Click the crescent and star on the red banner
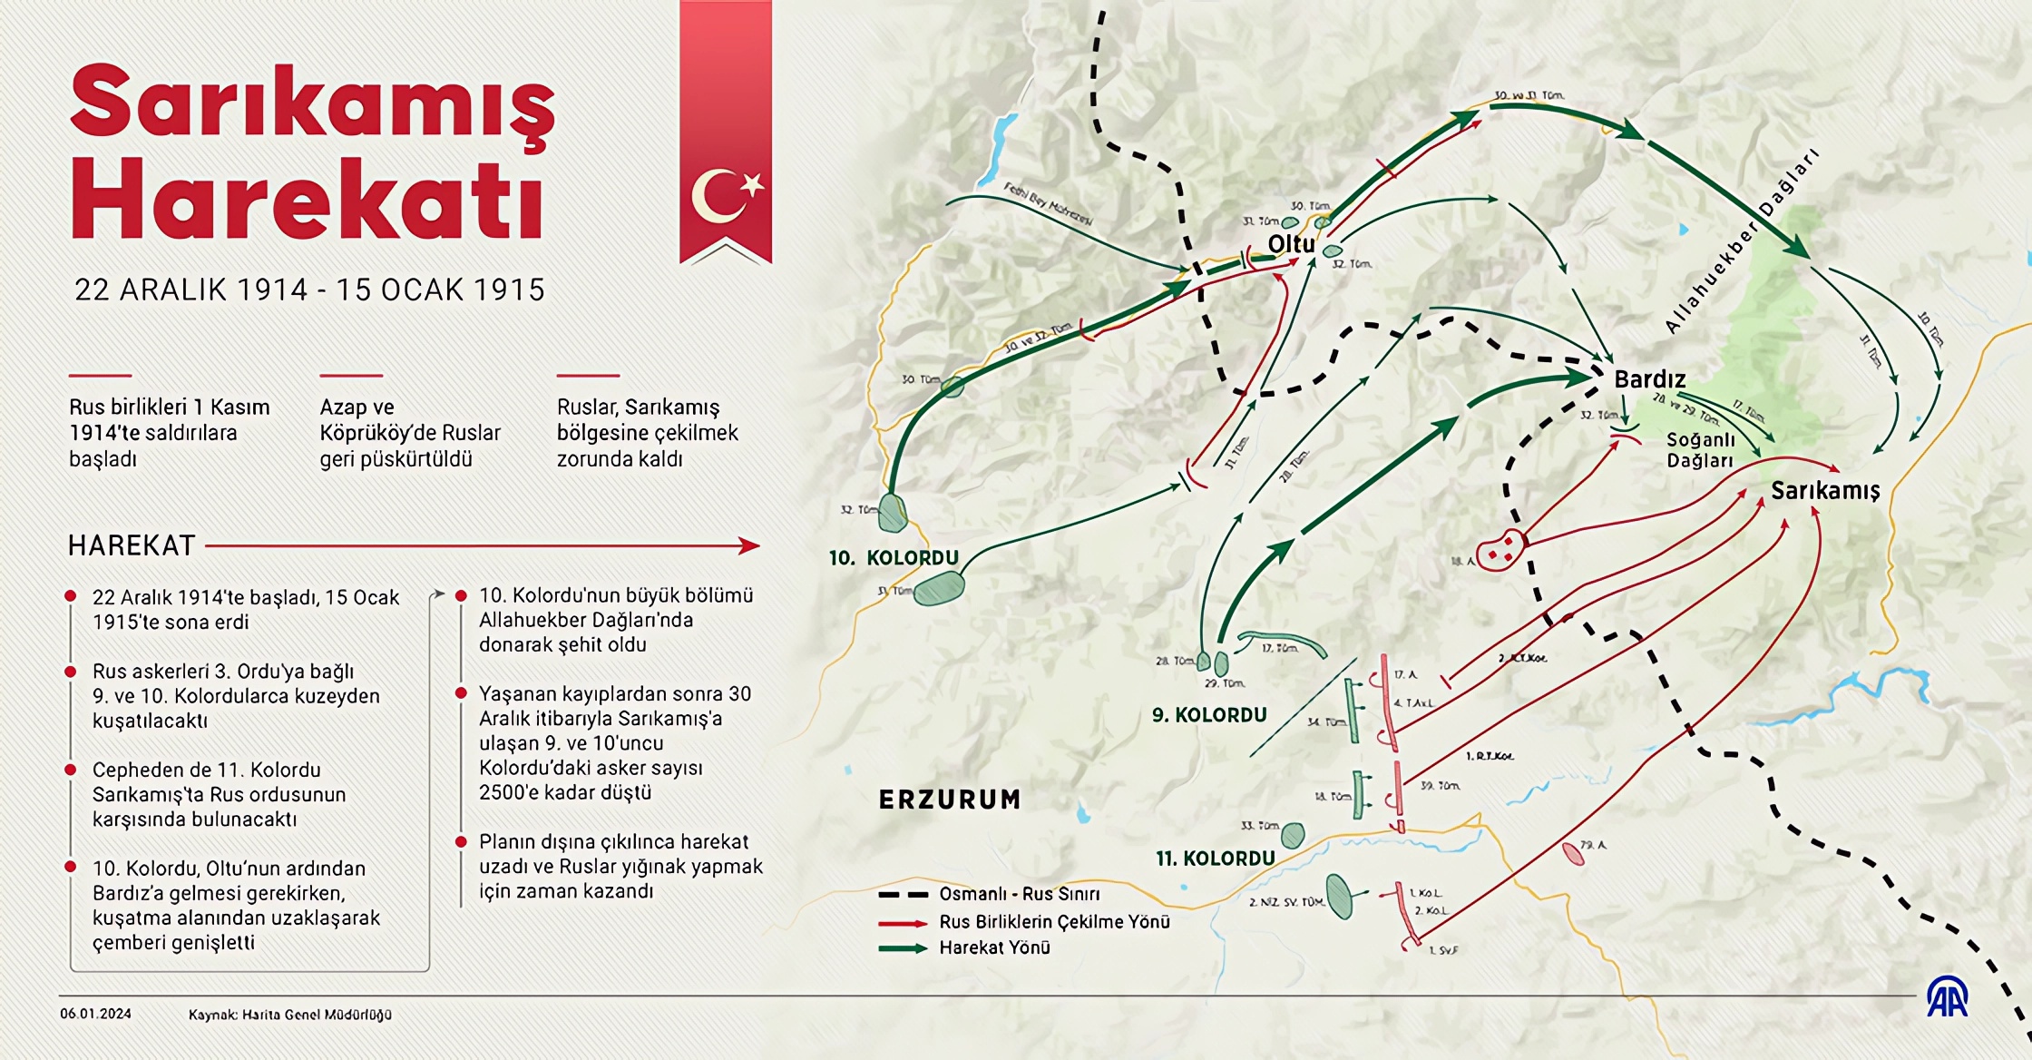click(x=726, y=196)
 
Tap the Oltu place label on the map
click(x=1291, y=244)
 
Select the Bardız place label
click(x=1649, y=379)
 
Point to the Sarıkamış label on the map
click(x=1825, y=491)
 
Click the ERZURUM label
click(x=950, y=800)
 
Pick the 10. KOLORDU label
click(x=894, y=558)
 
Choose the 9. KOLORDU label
click(x=1209, y=715)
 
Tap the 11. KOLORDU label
click(x=1215, y=859)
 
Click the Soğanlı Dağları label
click(x=1700, y=450)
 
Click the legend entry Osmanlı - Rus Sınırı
click(x=1019, y=894)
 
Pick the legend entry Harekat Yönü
click(x=994, y=947)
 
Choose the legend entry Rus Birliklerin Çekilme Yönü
click(x=1054, y=922)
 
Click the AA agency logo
click(x=1947, y=997)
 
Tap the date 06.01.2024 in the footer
click(x=95, y=1014)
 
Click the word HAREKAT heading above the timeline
click(x=132, y=545)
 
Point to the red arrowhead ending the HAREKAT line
click(x=749, y=545)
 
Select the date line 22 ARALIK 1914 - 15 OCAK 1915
click(x=309, y=290)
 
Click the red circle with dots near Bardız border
click(x=1500, y=550)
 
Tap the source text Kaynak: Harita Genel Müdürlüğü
click(x=290, y=1015)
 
